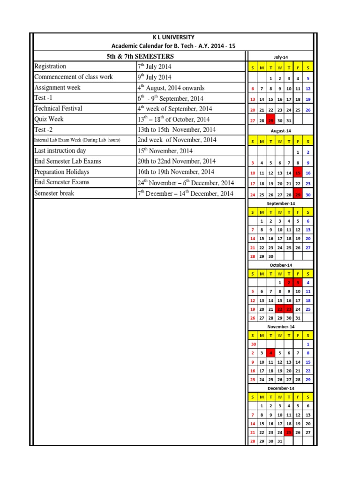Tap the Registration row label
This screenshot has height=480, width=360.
50,67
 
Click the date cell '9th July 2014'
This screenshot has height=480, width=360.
154,77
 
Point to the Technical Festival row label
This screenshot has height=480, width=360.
58,108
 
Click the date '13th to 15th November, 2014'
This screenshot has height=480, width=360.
176,129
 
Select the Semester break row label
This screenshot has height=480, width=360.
54,193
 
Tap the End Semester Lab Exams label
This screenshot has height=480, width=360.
67,161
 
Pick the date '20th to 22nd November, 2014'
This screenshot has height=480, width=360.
176,161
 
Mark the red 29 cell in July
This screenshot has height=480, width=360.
271,120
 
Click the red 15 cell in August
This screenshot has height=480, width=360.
298,173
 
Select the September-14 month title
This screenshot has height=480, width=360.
280,204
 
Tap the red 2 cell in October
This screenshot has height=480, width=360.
289,283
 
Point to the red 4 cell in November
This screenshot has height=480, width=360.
271,353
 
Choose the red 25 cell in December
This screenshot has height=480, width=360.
289,433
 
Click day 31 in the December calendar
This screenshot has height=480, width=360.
280,441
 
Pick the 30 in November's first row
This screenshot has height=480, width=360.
253,344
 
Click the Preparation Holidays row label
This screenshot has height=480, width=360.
61,172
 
